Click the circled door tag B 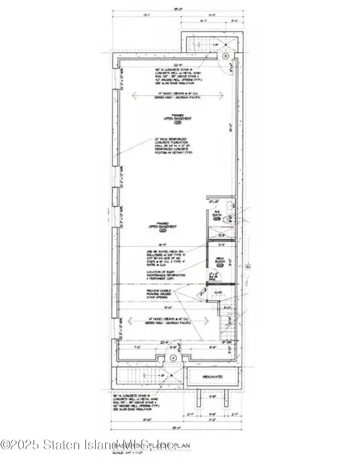(226, 56)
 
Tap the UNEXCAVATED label (212, 377)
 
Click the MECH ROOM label (219, 261)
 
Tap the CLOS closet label (218, 292)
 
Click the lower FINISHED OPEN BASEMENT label (162, 226)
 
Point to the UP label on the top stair (216, 45)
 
